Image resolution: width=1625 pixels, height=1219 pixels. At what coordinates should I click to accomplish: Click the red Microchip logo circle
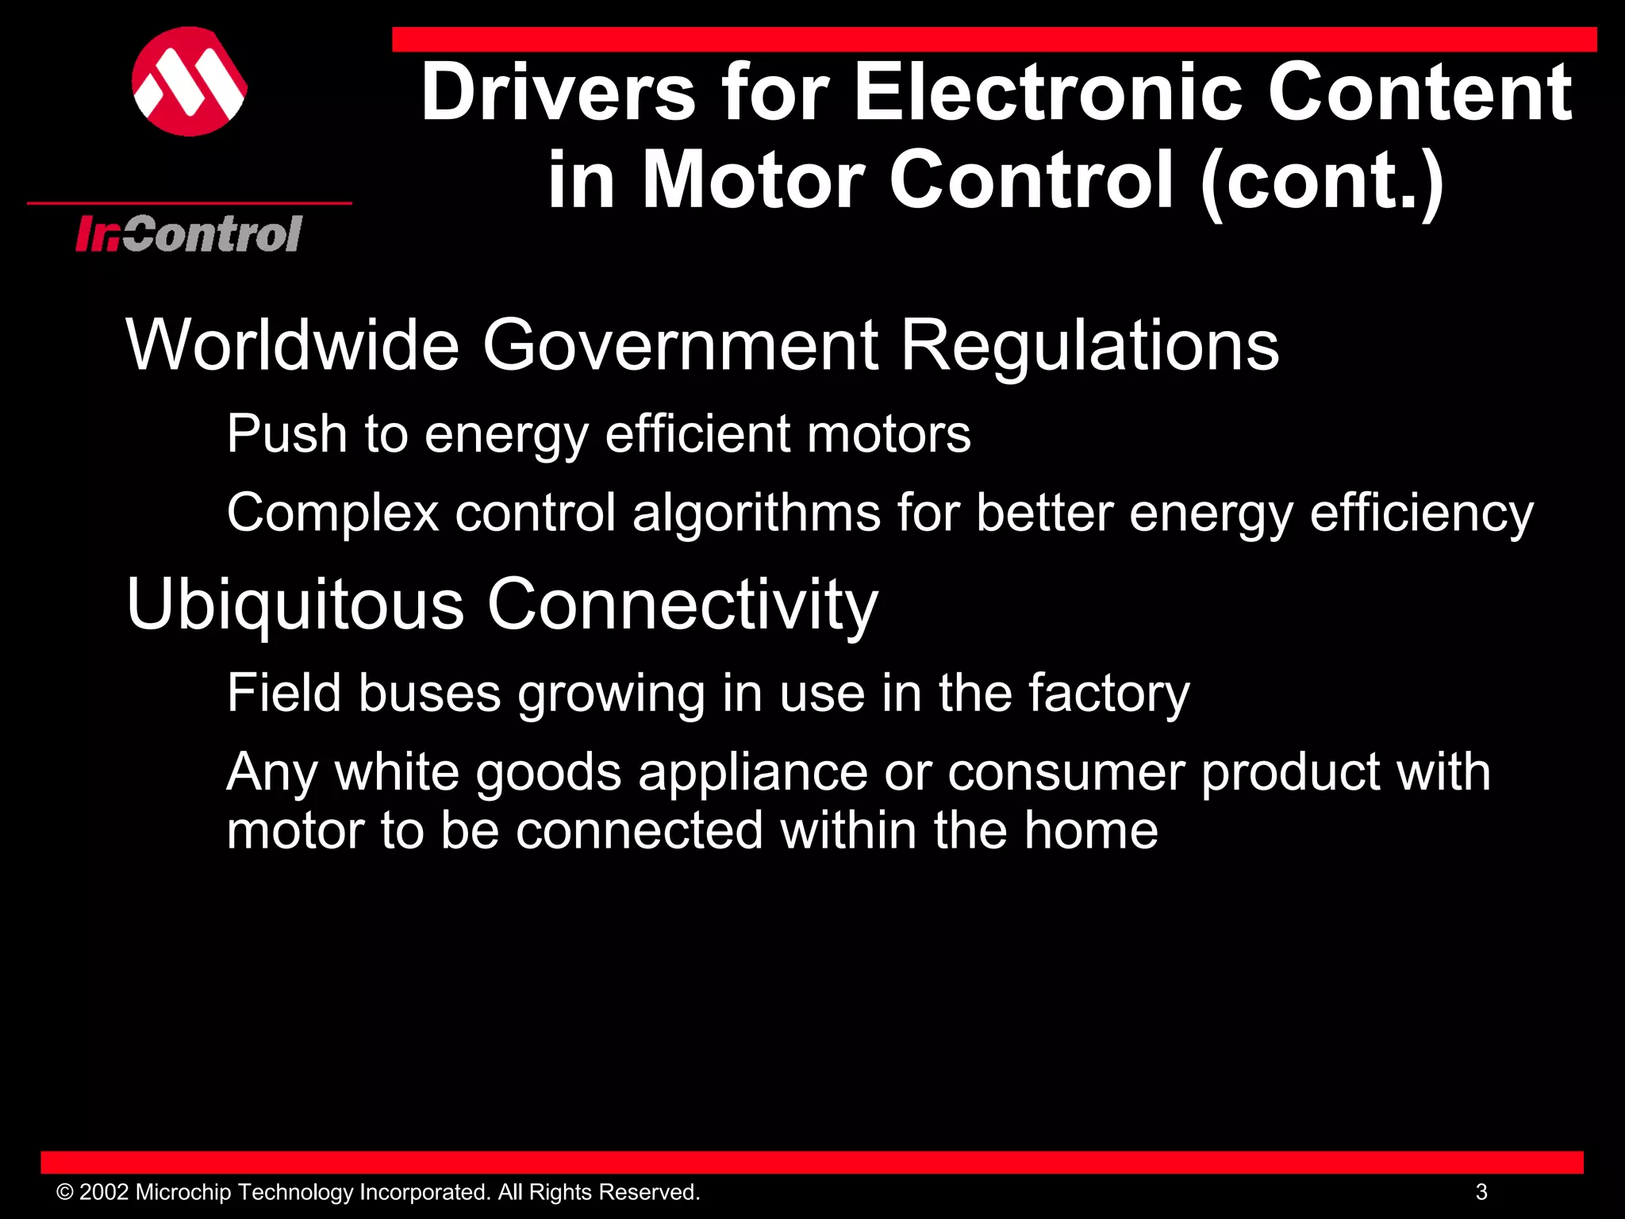pos(190,82)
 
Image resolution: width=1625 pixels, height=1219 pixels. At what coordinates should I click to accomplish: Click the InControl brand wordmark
pos(189,234)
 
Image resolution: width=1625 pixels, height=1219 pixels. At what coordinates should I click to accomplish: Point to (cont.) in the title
pos(1321,181)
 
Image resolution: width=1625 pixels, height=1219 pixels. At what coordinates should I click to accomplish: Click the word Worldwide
pos(292,344)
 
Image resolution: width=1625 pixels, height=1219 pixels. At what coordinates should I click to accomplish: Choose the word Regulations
pos(1089,346)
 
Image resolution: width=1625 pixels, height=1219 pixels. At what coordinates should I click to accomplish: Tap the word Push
pos(286,434)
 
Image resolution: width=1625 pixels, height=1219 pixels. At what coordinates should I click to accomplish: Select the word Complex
pos(332,513)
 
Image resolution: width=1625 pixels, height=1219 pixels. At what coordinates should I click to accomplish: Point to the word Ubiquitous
pos(294,605)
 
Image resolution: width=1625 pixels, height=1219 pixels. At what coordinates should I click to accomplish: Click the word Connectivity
pos(682,605)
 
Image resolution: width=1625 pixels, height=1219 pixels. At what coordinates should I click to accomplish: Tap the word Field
pos(283,693)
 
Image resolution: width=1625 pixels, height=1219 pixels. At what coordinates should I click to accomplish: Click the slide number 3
pos(1481,1192)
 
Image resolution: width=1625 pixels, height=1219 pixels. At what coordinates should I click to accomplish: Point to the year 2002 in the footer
pos(104,1192)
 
